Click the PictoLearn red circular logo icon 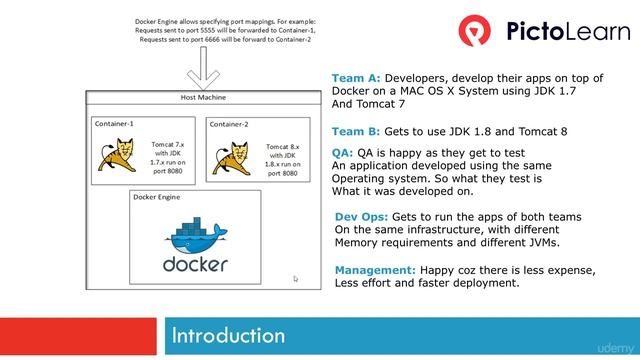click(x=476, y=31)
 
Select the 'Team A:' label click(x=356, y=78)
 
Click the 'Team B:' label click(x=356, y=131)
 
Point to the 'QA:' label click(x=342, y=153)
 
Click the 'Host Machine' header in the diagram click(x=203, y=97)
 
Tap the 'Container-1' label click(x=114, y=123)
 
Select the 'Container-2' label click(x=229, y=124)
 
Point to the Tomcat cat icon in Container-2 click(x=236, y=158)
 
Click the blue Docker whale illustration click(x=196, y=235)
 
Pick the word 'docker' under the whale click(x=196, y=265)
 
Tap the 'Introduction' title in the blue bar click(x=228, y=334)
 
